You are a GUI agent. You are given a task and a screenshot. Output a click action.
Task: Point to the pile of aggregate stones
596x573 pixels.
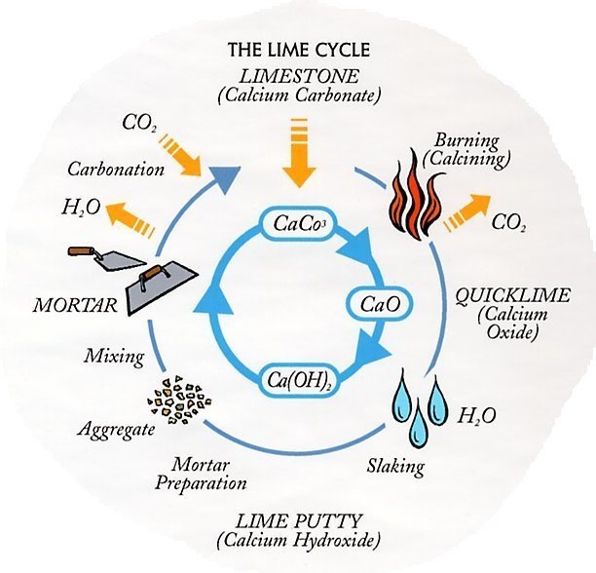tap(179, 400)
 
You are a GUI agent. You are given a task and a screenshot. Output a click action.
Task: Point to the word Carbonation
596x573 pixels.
tap(116, 169)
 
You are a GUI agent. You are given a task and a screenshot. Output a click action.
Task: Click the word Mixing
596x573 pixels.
tap(115, 357)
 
